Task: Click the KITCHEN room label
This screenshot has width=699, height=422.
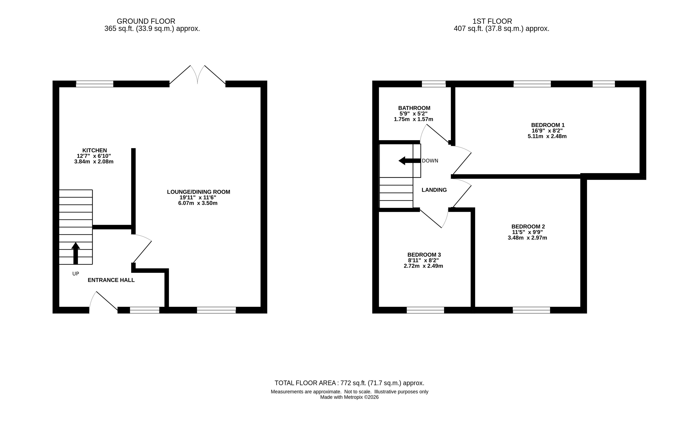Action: pos(94,150)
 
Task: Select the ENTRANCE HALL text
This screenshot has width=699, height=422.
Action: pos(111,280)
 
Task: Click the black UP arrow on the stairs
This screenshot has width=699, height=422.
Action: pos(75,253)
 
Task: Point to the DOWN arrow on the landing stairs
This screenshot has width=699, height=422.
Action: pos(409,161)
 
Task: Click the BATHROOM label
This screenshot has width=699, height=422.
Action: pos(414,108)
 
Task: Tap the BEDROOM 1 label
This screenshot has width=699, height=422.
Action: pos(548,125)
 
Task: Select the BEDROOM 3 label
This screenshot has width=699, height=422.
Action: pos(424,255)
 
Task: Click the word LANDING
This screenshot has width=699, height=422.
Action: pos(434,190)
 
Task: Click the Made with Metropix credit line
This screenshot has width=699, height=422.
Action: pos(349,397)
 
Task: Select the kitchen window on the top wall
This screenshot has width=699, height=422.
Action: pos(94,84)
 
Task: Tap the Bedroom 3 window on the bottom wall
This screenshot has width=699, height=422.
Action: pos(425,310)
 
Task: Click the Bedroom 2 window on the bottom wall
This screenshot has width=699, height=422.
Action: pos(531,310)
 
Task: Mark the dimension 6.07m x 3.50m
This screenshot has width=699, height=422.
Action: pos(198,203)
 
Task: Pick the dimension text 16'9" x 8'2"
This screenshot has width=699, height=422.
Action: pos(547,131)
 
